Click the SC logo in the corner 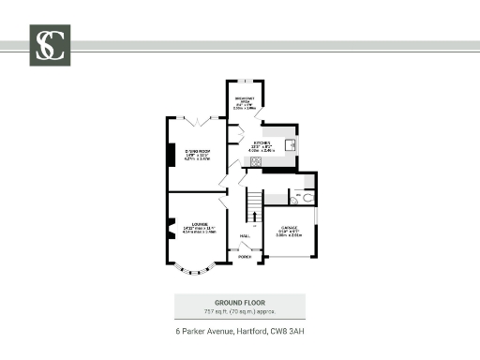point(48,46)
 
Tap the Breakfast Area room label point(244,103)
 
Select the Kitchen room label point(262,144)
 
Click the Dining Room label point(195,154)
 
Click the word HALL point(243,235)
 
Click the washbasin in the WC point(293,200)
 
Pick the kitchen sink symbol point(291,145)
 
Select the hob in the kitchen point(253,161)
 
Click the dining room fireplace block point(170,154)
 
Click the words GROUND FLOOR point(239,302)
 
